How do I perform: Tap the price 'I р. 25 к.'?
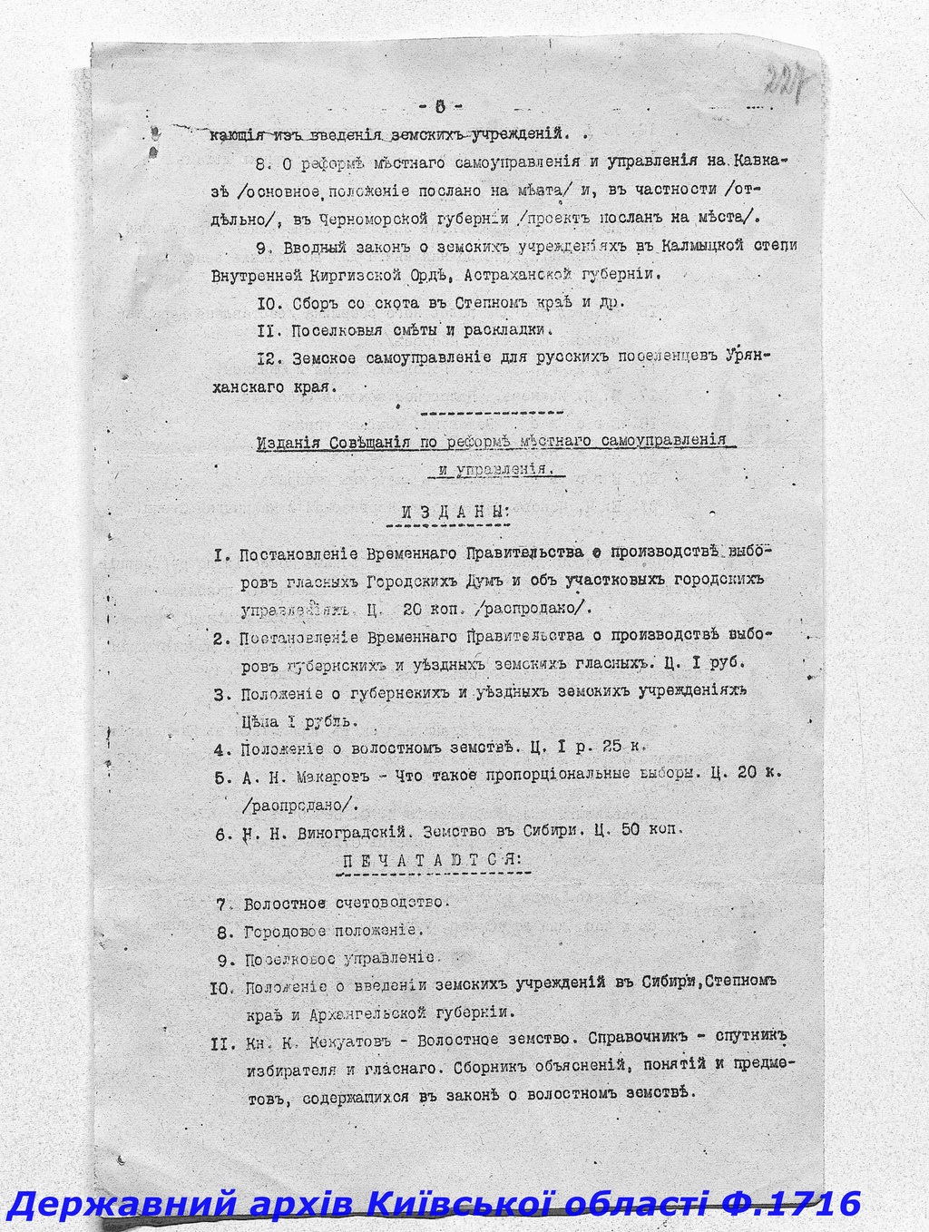600,748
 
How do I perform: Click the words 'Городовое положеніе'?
330,932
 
